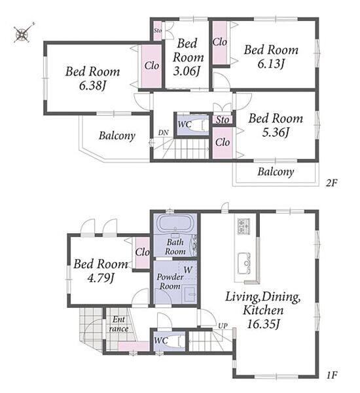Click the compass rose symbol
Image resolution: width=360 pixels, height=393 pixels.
[x=23, y=33]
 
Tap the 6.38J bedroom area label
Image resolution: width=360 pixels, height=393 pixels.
[x=92, y=86]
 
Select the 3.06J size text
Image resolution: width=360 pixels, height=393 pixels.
[x=187, y=71]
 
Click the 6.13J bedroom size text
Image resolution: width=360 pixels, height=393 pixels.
[x=271, y=64]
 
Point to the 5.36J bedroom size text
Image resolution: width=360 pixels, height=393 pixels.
[x=276, y=132]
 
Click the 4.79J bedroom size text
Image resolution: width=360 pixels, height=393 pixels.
[x=101, y=278]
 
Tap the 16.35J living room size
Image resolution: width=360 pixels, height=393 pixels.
[x=263, y=324]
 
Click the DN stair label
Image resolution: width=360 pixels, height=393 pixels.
[x=164, y=132]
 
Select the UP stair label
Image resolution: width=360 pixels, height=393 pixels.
[x=223, y=326]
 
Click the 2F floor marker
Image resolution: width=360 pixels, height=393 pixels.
[x=332, y=183]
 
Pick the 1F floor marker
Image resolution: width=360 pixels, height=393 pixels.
[x=332, y=375]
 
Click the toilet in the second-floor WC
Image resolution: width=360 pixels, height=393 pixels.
[x=200, y=124]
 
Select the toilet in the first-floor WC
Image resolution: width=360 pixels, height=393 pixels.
[x=177, y=341]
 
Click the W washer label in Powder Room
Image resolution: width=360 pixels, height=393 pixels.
[x=188, y=270]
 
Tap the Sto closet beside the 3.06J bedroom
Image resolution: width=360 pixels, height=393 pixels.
[x=158, y=31]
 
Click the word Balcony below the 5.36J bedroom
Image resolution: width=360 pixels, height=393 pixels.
[x=276, y=172]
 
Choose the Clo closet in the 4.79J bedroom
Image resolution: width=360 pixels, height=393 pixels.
[x=143, y=253]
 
